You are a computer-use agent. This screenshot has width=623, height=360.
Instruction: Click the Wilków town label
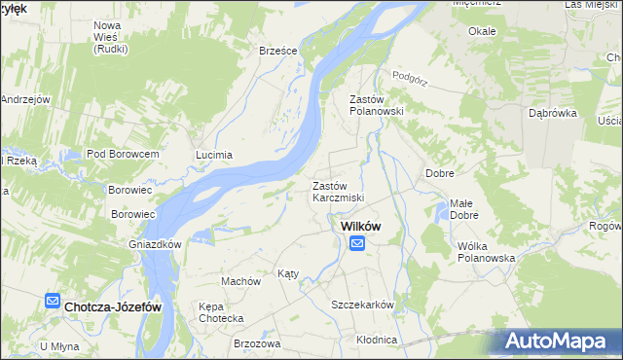point(359,226)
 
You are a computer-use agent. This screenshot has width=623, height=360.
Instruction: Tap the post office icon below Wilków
point(357,243)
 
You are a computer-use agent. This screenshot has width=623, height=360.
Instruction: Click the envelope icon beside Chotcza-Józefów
point(53,305)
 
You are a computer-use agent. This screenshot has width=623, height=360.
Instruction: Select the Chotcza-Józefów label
point(112,306)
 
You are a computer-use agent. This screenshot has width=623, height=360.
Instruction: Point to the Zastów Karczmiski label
point(338,192)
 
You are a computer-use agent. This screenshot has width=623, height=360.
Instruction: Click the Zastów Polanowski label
point(376,105)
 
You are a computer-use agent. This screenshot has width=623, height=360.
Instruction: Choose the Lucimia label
point(214,155)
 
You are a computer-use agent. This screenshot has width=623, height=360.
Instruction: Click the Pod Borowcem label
point(123,154)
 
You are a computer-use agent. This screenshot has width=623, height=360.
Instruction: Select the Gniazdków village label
point(156,244)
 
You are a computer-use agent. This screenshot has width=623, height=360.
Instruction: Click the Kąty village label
point(288,273)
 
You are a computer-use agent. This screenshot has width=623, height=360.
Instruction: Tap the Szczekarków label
point(362,305)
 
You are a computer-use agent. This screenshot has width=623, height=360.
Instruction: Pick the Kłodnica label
point(377,340)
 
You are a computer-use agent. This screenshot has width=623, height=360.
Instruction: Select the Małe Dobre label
point(462,209)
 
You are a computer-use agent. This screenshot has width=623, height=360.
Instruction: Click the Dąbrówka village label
point(553,113)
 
